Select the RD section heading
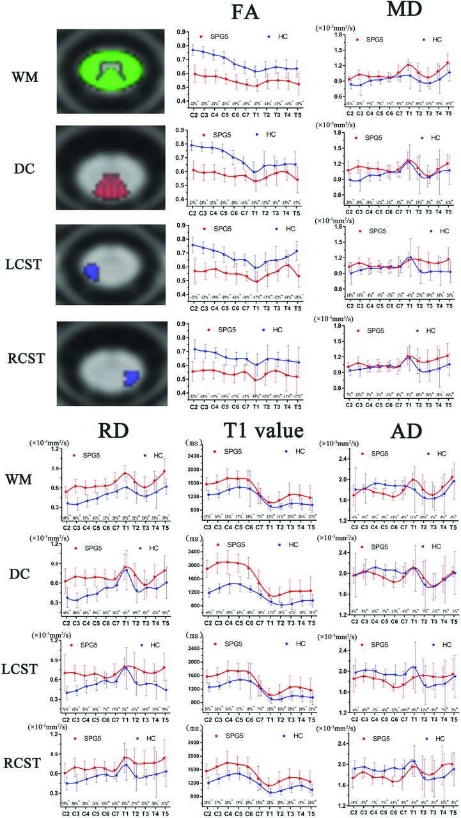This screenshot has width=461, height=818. (x=106, y=426)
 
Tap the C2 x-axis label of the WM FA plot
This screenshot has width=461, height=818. (x=183, y=115)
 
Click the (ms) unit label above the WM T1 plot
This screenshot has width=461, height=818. (x=193, y=443)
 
